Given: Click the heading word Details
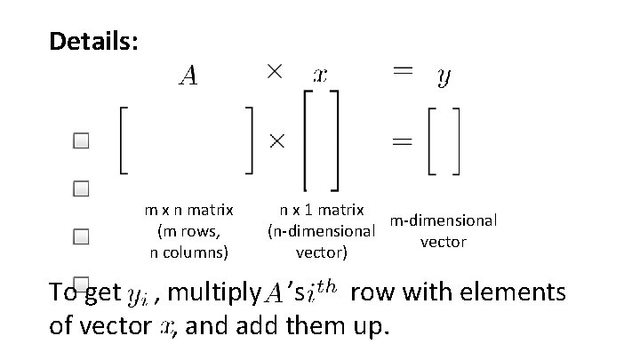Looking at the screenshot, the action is click(93, 42).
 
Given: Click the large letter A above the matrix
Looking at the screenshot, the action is click(188, 77).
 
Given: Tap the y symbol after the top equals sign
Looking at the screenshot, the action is click(443, 78).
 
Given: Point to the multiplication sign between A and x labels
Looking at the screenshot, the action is click(275, 74).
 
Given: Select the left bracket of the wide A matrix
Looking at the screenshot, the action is click(123, 140).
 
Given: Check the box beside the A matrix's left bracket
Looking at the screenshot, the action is click(82, 141).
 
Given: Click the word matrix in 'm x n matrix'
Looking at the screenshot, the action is click(212, 212).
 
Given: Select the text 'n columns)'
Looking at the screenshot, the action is click(188, 252).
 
